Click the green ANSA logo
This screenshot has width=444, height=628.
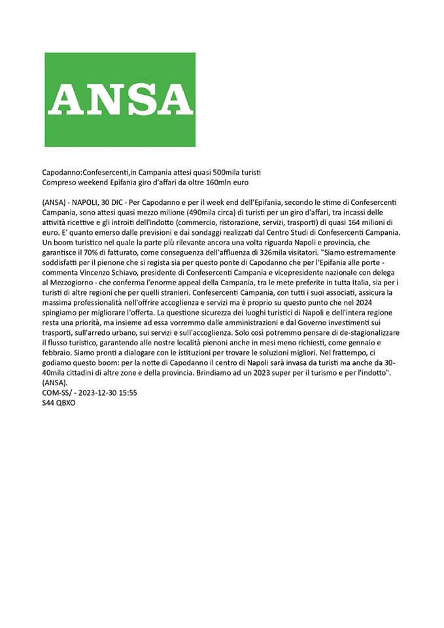click(120, 99)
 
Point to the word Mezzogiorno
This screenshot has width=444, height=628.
click(74, 285)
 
